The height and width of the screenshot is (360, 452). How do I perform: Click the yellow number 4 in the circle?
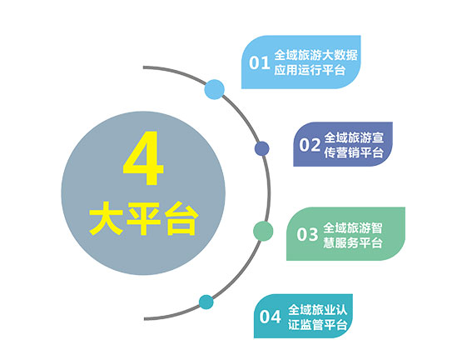pyautogui.click(x=143, y=157)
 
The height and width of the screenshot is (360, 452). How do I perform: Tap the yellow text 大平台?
pyautogui.click(x=143, y=218)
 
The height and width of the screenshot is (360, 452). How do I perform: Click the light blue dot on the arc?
pyautogui.click(x=215, y=89)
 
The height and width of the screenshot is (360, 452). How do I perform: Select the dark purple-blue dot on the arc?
pyautogui.click(x=261, y=148)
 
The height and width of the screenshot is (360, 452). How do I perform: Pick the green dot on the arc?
pyautogui.click(x=263, y=231)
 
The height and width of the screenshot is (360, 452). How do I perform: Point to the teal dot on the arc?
pyautogui.click(x=206, y=302)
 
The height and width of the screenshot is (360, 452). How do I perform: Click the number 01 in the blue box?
pyautogui.click(x=260, y=62)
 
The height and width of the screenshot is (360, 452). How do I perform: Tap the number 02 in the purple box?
pyautogui.click(x=310, y=145)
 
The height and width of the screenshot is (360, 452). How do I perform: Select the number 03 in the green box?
pyautogui.click(x=307, y=234)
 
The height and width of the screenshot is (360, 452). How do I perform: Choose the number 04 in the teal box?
pyautogui.click(x=270, y=317)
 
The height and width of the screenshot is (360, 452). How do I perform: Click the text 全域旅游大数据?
pyautogui.click(x=315, y=55)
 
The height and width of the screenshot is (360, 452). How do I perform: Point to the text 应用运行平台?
pyautogui.click(x=310, y=70)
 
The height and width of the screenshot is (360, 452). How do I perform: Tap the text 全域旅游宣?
pyautogui.click(x=354, y=137)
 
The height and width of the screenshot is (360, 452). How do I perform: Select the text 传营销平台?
pyautogui.click(x=354, y=152)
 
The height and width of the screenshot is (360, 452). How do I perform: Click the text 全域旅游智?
pyautogui.click(x=353, y=227)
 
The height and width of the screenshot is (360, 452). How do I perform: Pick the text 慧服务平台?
pyautogui.click(x=353, y=242)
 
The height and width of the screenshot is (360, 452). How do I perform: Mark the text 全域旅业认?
pyautogui.click(x=317, y=310)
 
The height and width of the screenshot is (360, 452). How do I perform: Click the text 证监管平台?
pyautogui.click(x=317, y=325)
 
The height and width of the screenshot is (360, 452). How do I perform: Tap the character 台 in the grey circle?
pyautogui.click(x=181, y=218)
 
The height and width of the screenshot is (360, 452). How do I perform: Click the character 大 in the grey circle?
pyautogui.click(x=106, y=218)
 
